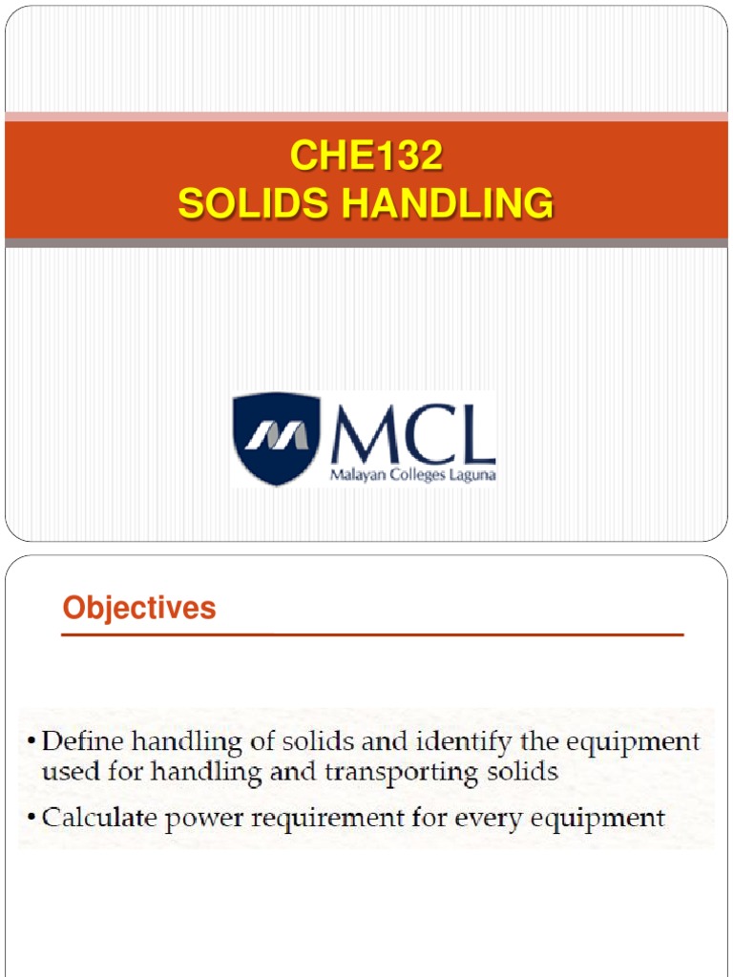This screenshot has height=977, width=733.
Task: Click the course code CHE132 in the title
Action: [366, 156]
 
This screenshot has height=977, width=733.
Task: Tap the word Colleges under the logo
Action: [413, 475]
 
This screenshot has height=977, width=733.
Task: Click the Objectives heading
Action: [139, 608]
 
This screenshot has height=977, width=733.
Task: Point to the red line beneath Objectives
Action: [372, 634]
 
